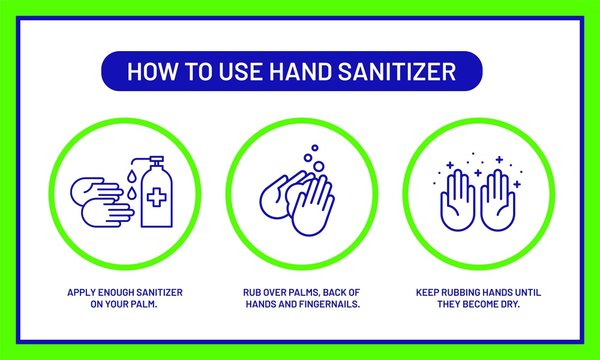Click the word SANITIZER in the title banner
(x=397, y=71)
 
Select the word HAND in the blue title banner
(x=300, y=71)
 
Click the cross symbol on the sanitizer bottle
(x=157, y=198)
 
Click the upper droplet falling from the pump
(x=132, y=176)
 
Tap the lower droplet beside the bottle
(x=132, y=193)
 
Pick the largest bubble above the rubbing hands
(x=318, y=166)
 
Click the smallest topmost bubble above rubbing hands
(x=315, y=148)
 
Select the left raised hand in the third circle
(x=457, y=200)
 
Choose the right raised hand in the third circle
(x=498, y=200)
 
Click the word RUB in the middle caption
(x=250, y=293)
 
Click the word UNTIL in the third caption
(x=528, y=293)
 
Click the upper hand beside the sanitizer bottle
(x=95, y=189)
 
